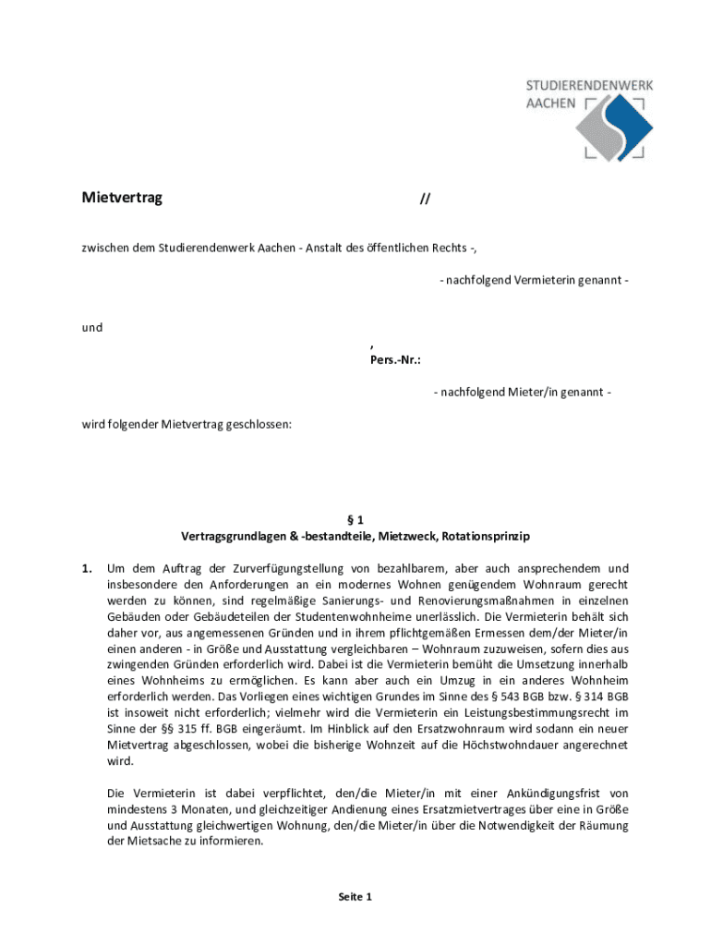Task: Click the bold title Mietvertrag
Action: click(122, 198)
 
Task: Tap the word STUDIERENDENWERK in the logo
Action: click(589, 85)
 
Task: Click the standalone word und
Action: click(91, 327)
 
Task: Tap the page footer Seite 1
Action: click(355, 896)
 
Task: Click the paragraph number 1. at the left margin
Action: click(88, 567)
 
